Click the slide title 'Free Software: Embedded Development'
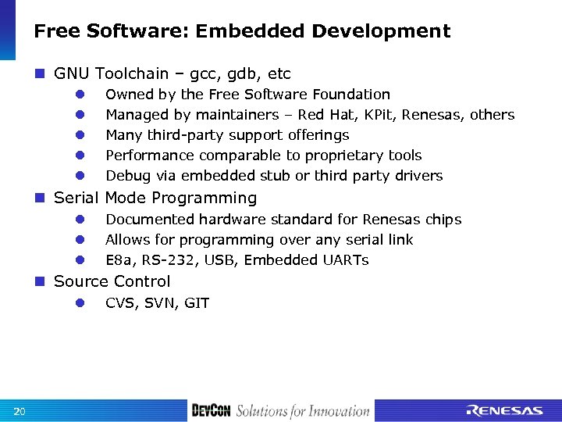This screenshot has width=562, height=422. [x=242, y=31]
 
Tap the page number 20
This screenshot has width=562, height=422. [x=20, y=411]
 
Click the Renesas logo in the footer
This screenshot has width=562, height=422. [x=504, y=411]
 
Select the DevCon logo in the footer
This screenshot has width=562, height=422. [x=210, y=411]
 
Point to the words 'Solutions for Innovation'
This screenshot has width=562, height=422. [x=302, y=411]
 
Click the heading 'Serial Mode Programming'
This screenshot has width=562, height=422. [x=155, y=198]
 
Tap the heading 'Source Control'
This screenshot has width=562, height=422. [x=112, y=281]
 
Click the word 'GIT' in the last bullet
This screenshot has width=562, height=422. [x=197, y=303]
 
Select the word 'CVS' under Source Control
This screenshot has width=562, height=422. [x=121, y=303]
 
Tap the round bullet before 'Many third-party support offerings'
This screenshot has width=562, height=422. [x=80, y=135]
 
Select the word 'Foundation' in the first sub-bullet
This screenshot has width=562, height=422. [x=351, y=95]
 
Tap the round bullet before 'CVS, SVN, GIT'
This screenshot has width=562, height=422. [x=80, y=303]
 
